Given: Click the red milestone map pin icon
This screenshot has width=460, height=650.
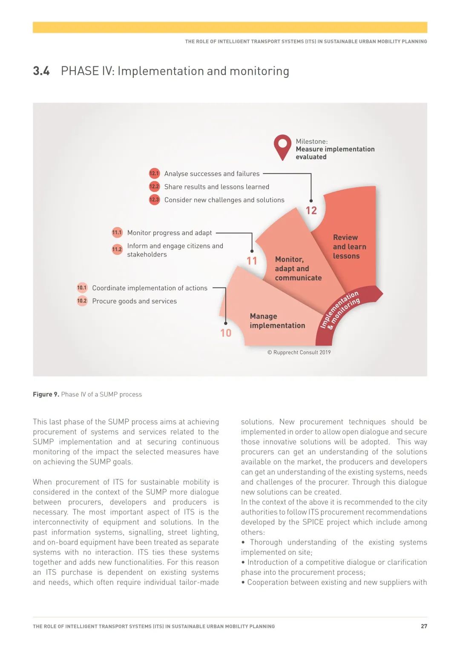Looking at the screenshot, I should coord(282,146).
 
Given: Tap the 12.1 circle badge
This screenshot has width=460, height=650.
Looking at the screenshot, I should coord(154,174).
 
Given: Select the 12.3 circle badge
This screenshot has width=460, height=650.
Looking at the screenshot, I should coord(154,200).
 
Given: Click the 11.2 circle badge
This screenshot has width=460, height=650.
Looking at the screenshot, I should coord(117,249).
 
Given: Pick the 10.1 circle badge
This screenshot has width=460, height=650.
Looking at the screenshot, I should coord(82,288).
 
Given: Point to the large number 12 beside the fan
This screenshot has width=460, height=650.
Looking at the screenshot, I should coord(311,211).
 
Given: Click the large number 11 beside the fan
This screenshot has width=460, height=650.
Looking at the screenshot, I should coord(252,261).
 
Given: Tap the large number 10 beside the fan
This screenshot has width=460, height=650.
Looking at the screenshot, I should coord(226,333).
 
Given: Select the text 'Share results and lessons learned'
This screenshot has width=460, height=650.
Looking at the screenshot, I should coord(216,187).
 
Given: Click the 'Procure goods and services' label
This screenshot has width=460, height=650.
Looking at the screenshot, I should coord(134,301).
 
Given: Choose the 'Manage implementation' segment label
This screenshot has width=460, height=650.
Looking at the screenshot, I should coord(277,321).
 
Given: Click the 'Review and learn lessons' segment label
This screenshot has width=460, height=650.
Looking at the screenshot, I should coord(349,247).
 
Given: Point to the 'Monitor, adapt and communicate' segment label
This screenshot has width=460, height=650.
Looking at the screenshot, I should coord(298,268).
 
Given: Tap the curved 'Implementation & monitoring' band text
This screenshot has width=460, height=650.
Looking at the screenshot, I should coord(340,310).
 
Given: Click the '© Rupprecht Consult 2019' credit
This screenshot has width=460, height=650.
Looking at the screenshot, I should coord(299,352).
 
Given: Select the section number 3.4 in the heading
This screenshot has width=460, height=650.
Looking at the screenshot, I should coord(41,71).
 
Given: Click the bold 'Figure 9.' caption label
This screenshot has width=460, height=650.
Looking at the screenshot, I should coord(46,394).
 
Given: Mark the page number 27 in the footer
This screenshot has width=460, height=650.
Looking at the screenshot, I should coord(424,626).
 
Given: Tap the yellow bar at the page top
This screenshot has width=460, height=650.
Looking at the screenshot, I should coord(230,27).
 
